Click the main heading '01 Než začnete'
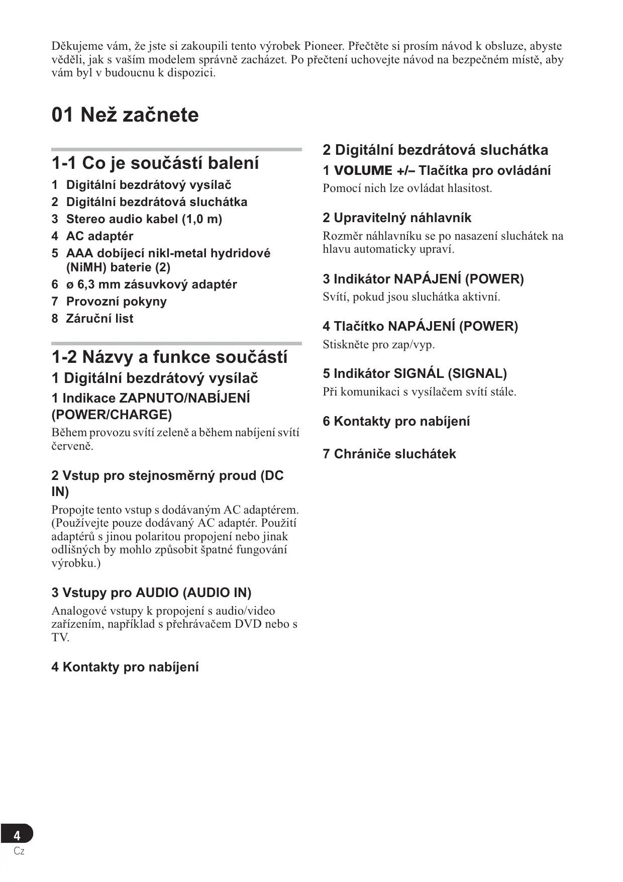point(125,115)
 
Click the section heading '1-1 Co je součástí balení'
point(155,163)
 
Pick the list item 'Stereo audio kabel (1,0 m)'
point(144,219)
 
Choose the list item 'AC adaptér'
point(99,236)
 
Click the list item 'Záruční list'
point(99,319)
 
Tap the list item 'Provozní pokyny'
point(116,302)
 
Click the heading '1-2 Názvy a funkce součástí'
point(169,357)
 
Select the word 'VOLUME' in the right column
point(363,171)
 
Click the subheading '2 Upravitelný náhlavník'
point(397,218)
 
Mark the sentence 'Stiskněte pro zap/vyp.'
point(378,345)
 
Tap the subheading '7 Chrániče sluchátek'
point(389,454)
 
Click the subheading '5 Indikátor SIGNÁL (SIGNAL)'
point(414,374)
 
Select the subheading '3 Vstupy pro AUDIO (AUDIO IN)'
point(151,593)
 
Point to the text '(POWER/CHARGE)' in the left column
point(112,415)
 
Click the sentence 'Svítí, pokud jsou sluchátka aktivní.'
point(411,297)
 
